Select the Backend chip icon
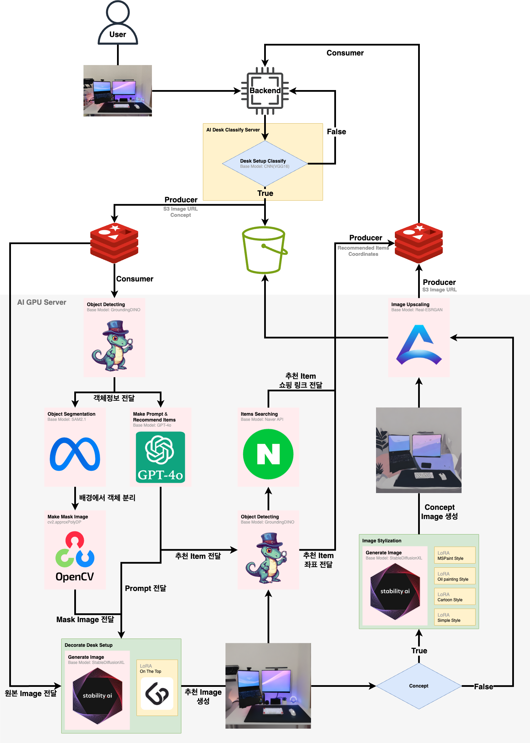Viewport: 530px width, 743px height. click(265, 91)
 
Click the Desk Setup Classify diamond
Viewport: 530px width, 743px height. click(265, 164)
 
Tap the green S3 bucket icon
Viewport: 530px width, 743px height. click(264, 250)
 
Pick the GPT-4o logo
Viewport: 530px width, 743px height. click(160, 457)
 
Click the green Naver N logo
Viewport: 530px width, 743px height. click(268, 454)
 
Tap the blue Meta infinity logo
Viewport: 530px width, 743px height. click(75, 454)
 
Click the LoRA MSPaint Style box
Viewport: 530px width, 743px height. click(455, 555)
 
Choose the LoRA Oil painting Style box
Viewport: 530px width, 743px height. click(455, 576)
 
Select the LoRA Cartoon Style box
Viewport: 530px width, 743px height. click(455, 596)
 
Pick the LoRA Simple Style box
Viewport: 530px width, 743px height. click(455, 617)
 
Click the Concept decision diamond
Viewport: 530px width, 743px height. click(419, 686)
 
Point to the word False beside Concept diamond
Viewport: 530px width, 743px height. click(483, 687)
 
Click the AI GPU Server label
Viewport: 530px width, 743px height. click(42, 302)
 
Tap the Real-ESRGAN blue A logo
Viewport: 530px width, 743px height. click(419, 345)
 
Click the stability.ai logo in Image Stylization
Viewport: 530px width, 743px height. click(395, 591)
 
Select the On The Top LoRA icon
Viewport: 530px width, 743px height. click(157, 694)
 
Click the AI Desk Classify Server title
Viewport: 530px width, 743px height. click(233, 130)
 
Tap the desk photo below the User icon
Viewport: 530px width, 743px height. click(118, 91)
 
